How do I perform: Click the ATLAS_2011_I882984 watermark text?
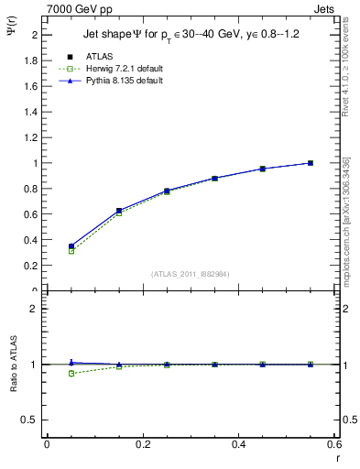point(190,274)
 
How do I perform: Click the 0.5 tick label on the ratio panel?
point(28,420)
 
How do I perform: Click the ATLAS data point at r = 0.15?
point(119,211)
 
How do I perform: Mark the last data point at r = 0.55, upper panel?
point(311,163)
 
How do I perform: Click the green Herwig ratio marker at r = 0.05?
point(71,374)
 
